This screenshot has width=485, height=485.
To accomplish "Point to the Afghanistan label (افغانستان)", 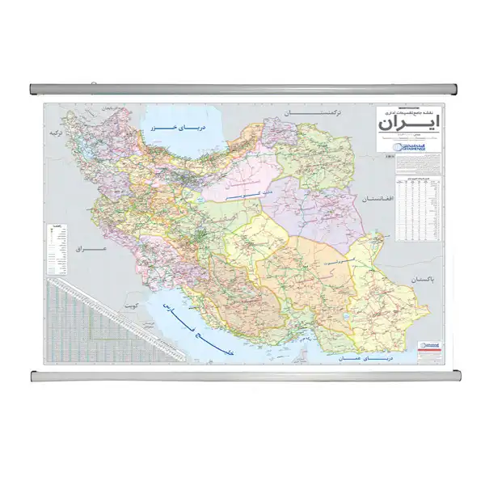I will tap(386, 199).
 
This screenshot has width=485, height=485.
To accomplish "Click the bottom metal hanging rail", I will tap(242, 376).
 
